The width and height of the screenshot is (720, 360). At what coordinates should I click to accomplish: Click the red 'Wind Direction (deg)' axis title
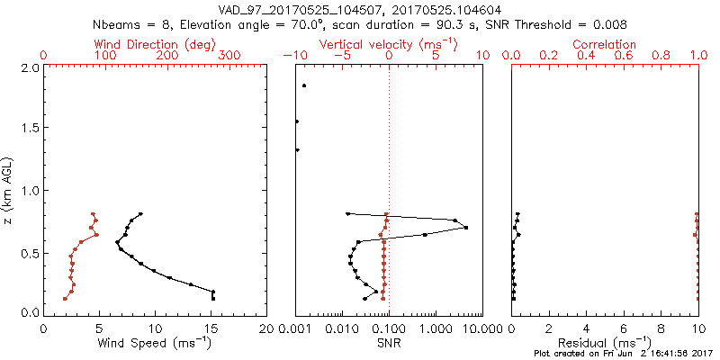[x=156, y=44]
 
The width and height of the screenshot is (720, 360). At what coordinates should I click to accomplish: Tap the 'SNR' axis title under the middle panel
[x=389, y=343]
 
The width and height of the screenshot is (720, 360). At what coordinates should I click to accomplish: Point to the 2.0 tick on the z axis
[x=30, y=67]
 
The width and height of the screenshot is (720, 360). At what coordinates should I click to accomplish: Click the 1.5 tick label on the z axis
[x=30, y=129]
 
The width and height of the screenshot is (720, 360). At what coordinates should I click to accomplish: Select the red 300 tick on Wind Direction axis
[x=229, y=56]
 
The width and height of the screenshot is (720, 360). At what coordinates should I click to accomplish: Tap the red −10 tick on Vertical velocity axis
[x=292, y=56]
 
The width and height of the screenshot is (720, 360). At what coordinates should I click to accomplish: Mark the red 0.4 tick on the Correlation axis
[x=586, y=56]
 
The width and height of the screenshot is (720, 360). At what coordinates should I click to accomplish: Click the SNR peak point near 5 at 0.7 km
[x=465, y=228]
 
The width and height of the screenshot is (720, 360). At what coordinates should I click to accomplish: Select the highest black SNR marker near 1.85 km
[x=304, y=85]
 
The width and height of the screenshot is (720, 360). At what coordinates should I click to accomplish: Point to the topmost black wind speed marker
[x=140, y=213]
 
